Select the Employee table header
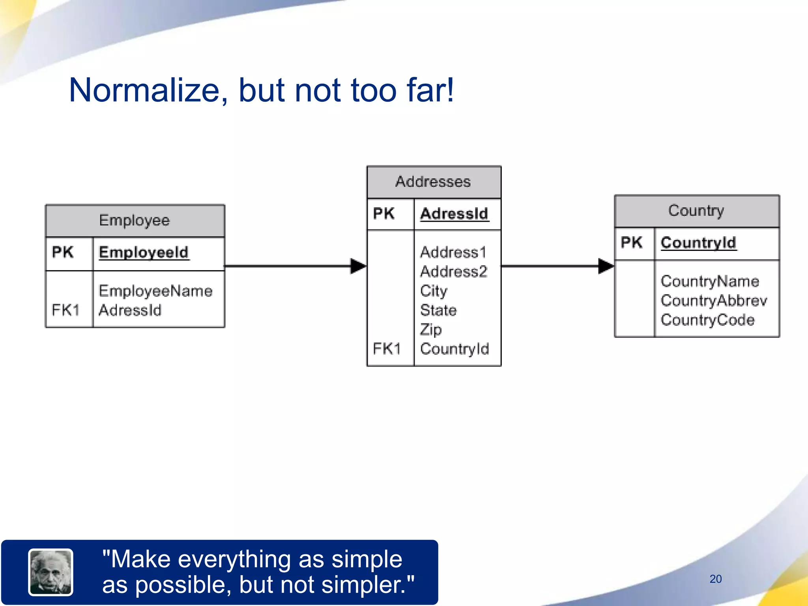pyautogui.click(x=135, y=220)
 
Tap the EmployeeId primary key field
pyautogui.click(x=144, y=252)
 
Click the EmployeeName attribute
pyautogui.click(x=155, y=291)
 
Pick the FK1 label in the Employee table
pyautogui.click(x=65, y=310)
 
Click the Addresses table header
pyautogui.click(x=433, y=182)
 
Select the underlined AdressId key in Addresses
pyautogui.click(x=454, y=214)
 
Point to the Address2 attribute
pyautogui.click(x=454, y=271)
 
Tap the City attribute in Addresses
pyautogui.click(x=434, y=291)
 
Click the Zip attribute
pyautogui.click(x=430, y=330)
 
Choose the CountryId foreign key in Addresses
pyautogui.click(x=454, y=349)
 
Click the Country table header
pyautogui.click(x=696, y=211)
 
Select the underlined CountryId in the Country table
pyautogui.click(x=698, y=243)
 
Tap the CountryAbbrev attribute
pyautogui.click(x=714, y=301)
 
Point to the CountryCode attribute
pyautogui.click(x=707, y=320)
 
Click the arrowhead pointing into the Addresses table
pyautogui.click(x=357, y=266)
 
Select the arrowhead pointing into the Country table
pyautogui.click(x=605, y=266)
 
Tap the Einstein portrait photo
pyautogui.click(x=50, y=572)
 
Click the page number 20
pyautogui.click(x=715, y=579)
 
